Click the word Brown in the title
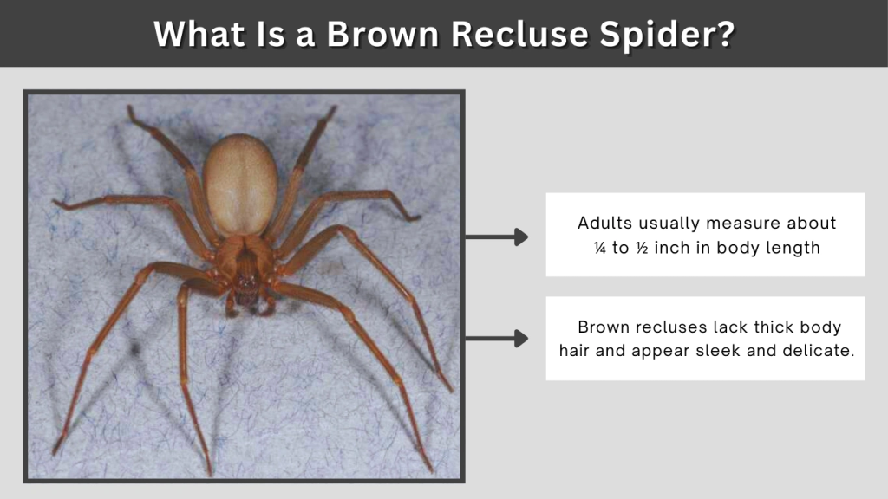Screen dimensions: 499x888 tap(387, 34)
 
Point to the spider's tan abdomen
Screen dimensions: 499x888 tap(240, 184)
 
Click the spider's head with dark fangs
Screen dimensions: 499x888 tap(246, 286)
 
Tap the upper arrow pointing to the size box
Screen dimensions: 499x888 tap(497, 237)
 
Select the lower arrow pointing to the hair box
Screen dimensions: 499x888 tap(497, 339)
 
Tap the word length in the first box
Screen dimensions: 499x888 tap(793, 248)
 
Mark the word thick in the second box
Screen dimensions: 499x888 tap(770, 327)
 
